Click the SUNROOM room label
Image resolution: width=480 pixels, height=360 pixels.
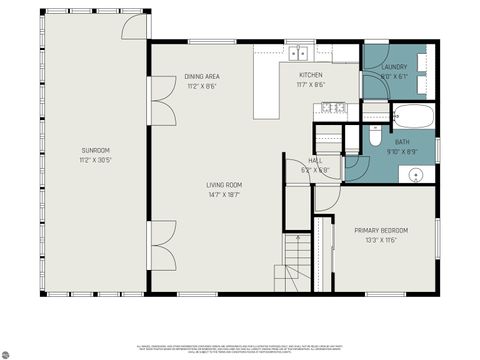click(96, 150)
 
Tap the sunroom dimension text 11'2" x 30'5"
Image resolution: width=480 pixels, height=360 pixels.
click(96, 159)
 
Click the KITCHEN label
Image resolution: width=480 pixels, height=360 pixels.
click(311, 76)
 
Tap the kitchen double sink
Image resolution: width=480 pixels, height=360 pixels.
click(300, 52)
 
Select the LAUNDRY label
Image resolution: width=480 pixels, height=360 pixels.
click(394, 67)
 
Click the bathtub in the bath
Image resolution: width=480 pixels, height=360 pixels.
click(413, 116)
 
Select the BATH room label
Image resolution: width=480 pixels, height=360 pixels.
click(402, 142)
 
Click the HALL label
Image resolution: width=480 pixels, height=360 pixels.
click(315, 161)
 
